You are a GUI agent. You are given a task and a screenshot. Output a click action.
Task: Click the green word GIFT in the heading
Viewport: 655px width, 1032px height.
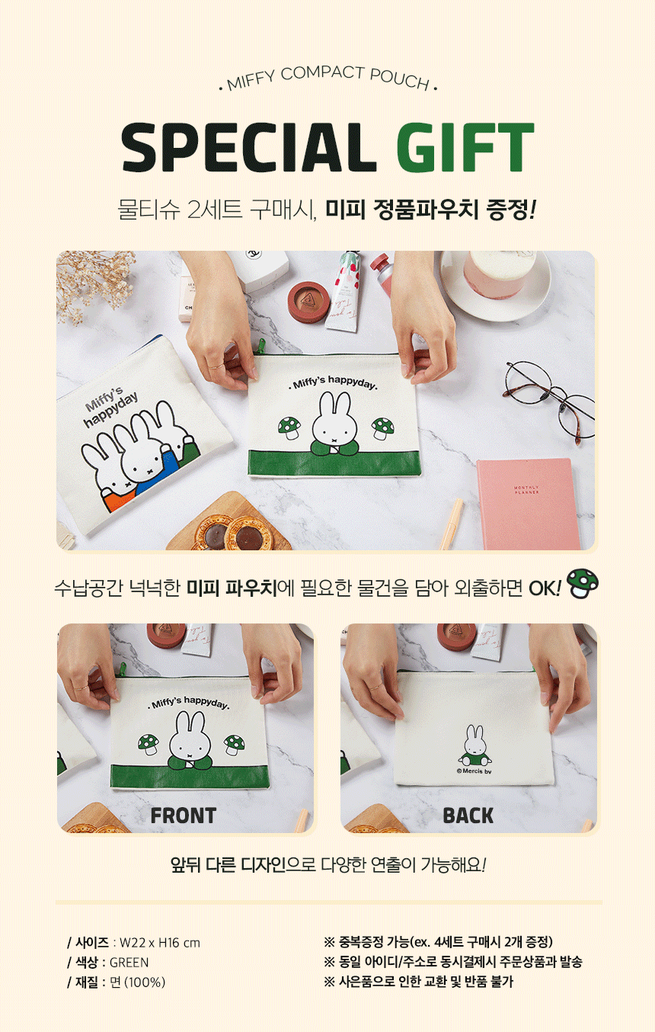point(465,147)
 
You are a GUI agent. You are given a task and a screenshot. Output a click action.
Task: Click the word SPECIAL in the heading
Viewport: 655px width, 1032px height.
point(249,147)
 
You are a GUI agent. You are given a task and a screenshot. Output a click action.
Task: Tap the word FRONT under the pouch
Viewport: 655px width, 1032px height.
point(184,816)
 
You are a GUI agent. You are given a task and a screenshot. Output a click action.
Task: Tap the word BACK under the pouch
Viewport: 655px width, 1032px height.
point(468,816)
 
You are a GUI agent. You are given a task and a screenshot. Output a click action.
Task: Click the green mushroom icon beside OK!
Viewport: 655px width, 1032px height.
point(583,584)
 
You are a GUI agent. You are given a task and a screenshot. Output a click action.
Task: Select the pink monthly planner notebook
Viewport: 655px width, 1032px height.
point(529,504)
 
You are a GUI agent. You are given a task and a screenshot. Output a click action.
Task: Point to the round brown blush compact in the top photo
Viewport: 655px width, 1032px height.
point(309,301)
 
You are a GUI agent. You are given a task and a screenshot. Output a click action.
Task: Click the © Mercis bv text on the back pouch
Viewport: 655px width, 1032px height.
point(474,771)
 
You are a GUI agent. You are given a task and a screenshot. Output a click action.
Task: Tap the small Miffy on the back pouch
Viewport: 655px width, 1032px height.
point(474,745)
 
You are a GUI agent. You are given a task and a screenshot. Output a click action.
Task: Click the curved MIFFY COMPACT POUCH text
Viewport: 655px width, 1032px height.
point(328,78)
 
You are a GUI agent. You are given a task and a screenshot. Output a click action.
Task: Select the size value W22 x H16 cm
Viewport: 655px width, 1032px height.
point(160,943)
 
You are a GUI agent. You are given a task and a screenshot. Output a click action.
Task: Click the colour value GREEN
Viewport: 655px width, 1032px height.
point(129,963)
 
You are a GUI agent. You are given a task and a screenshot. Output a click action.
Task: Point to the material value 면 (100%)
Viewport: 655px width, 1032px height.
point(138,982)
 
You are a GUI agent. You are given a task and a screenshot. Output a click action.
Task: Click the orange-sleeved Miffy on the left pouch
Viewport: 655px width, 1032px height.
point(109,475)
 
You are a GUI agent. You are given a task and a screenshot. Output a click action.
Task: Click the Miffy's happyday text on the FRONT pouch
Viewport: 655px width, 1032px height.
point(189,703)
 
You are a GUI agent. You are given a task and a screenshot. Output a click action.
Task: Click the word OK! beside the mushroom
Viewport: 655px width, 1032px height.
point(545,588)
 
